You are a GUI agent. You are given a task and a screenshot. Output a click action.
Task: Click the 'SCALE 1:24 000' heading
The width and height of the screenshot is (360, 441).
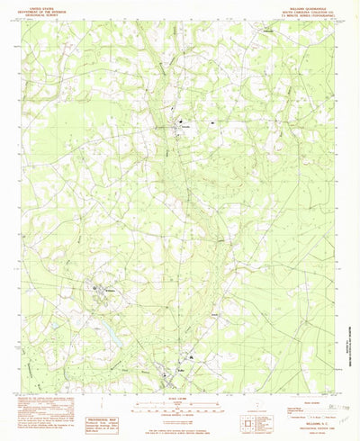[181, 392]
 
